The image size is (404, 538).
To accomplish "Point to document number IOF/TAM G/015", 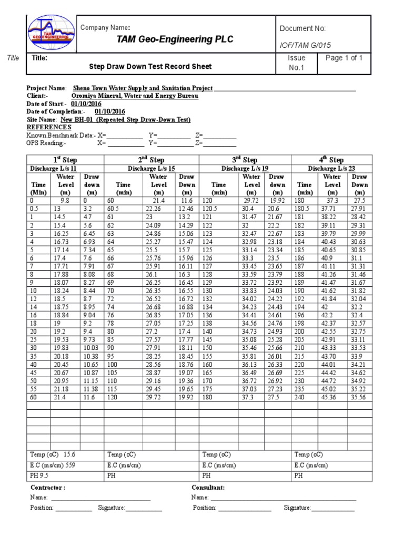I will (x=306, y=45).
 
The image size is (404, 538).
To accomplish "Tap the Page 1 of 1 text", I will (x=344, y=58).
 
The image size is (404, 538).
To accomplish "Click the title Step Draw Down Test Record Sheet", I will (x=151, y=67).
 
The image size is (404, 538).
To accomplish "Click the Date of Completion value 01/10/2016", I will (x=110, y=111).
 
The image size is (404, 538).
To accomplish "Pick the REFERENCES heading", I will (x=48, y=127).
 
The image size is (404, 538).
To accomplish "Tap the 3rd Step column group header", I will (x=245, y=160).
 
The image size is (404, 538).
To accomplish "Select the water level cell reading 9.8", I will (x=65, y=201).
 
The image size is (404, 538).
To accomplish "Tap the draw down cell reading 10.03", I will (x=92, y=348).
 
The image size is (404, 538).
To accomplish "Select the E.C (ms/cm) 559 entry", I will (x=52, y=465).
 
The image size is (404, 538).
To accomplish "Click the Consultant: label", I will (x=208, y=488).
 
